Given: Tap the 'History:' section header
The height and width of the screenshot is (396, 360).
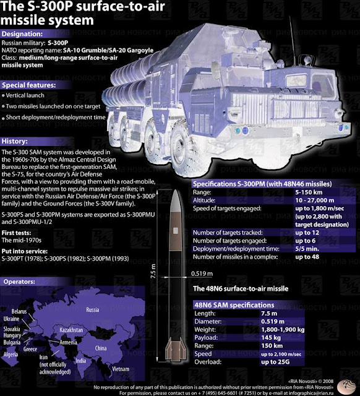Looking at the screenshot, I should pos(15,141).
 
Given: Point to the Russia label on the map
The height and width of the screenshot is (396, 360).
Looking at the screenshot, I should pos(92,309).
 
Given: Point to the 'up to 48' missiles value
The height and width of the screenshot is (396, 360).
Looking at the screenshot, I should pos(307,256).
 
